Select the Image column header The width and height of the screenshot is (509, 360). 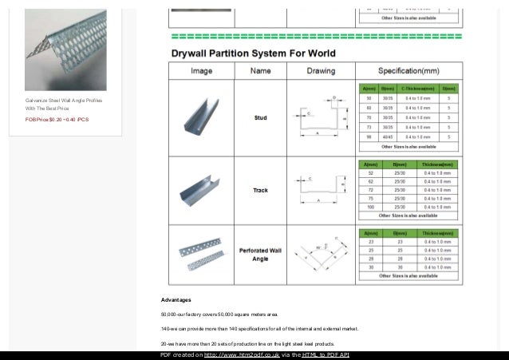point(200,70)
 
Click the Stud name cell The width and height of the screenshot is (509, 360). point(260,117)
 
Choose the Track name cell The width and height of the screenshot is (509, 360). point(260,190)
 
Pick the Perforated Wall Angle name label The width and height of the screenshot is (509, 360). point(260,254)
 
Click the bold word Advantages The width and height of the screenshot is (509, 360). point(176,300)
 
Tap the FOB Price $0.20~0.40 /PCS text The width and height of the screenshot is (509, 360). point(57,119)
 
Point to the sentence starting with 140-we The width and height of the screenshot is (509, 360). point(260,328)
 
